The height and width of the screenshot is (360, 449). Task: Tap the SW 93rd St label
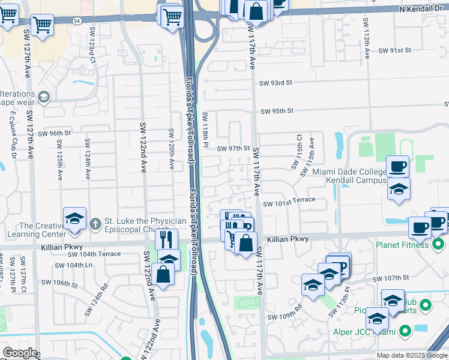(x=276, y=82)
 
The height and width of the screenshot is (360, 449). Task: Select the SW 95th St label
(x=277, y=111)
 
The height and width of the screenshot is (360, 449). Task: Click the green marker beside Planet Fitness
(x=439, y=244)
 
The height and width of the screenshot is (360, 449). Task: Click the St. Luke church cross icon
(x=94, y=224)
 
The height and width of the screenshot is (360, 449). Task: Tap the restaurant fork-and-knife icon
(x=166, y=239)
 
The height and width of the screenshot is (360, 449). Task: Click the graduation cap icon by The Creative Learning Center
(x=74, y=218)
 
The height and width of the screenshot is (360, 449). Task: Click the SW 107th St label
(x=390, y=278)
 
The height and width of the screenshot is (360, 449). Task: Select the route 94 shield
(x=77, y=20)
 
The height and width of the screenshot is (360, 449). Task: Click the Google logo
(x=19, y=353)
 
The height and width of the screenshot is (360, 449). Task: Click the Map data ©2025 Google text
(x=412, y=355)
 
